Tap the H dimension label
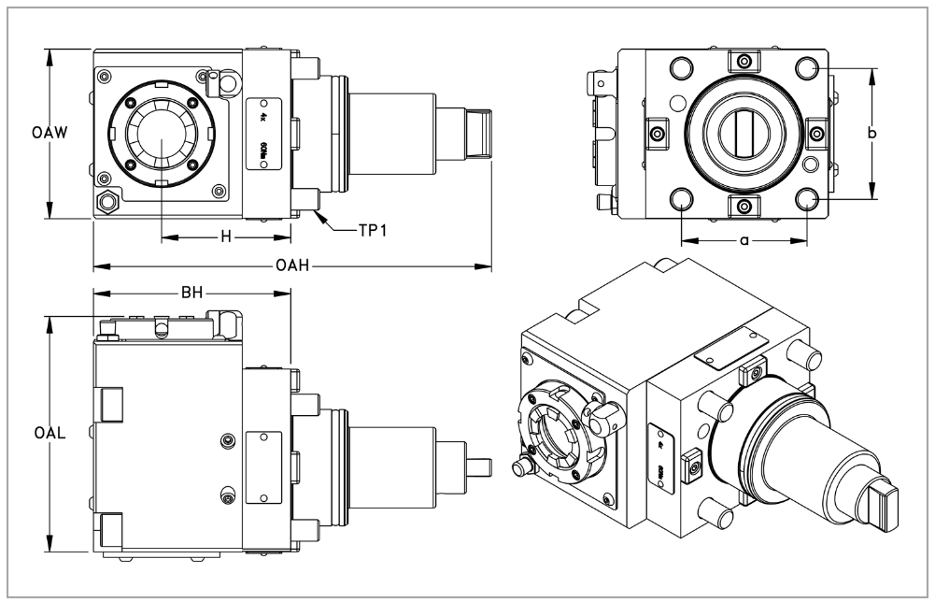tap(225, 236)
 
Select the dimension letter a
tap(744, 240)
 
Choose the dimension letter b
tap(872, 134)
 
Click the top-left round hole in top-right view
tap(681, 68)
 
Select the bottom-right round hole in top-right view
tap(807, 198)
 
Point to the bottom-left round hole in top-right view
tap(681, 198)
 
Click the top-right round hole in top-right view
tap(807, 68)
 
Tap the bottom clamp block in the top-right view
tap(744, 205)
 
